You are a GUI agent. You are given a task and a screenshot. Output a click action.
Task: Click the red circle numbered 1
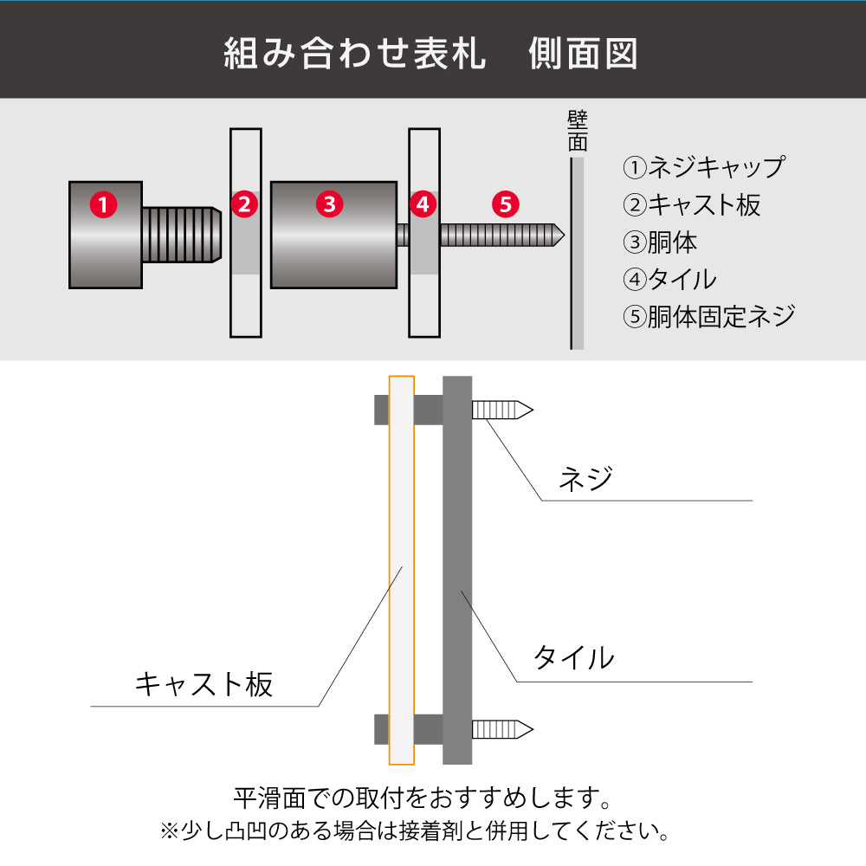tap(103, 205)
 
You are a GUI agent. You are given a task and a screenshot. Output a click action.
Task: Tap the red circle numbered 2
tap(245, 205)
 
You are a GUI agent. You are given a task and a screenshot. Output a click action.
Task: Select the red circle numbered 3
tap(329, 205)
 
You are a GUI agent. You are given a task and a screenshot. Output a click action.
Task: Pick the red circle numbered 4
tap(423, 205)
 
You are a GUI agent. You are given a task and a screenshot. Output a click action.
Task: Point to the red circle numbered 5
tap(506, 205)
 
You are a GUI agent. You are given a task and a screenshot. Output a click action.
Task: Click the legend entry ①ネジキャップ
tap(703, 166)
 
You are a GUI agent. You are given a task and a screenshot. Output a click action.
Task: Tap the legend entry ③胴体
tap(660, 242)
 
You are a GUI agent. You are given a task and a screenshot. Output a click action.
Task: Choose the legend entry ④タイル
tap(669, 279)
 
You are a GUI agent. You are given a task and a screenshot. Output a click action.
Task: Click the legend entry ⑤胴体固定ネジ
tap(708, 316)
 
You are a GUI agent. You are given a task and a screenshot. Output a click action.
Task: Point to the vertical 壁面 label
tap(578, 131)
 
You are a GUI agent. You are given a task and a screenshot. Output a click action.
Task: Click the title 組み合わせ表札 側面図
tap(431, 54)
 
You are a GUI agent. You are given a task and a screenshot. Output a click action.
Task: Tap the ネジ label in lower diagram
tap(586, 478)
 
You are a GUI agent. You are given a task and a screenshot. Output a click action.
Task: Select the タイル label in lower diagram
tap(573, 658)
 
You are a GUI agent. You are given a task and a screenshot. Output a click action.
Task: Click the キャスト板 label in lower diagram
tap(204, 684)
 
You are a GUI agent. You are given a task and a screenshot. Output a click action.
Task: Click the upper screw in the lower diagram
tap(501, 410)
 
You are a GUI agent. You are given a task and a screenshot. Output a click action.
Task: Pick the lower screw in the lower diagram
tap(501, 729)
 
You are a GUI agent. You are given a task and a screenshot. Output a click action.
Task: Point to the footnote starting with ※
tap(415, 832)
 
